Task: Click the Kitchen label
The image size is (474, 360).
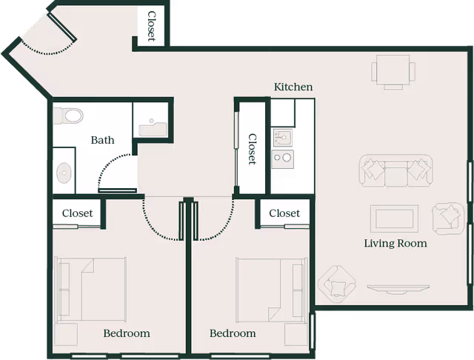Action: (293, 87)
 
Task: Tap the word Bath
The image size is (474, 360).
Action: (102, 139)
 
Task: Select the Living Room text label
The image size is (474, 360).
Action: (395, 243)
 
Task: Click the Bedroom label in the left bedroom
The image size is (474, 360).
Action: (126, 333)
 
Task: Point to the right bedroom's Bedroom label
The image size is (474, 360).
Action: (233, 333)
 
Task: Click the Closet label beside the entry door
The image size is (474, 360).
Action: (151, 26)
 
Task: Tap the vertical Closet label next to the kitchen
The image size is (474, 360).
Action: (252, 149)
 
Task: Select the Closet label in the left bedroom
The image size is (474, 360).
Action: (77, 213)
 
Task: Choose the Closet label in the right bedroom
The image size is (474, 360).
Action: (284, 213)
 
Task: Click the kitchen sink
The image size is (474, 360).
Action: (282, 137)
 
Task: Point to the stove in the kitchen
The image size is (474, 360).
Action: (282, 157)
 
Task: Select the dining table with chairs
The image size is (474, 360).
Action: (393, 72)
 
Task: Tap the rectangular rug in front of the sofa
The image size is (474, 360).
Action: (394, 219)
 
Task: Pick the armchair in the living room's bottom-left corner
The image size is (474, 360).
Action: (337, 284)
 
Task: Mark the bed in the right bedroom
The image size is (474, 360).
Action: (270, 290)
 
